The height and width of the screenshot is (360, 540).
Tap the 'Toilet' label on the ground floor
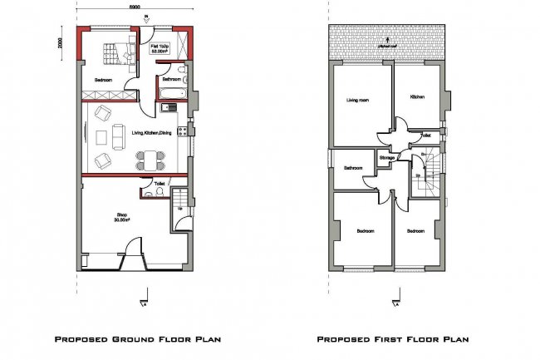tap(160, 182)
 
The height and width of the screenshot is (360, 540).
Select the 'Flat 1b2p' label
tap(160, 48)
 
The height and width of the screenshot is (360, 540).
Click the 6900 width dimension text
tap(134, 7)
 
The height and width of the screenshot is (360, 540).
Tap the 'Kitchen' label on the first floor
tap(417, 96)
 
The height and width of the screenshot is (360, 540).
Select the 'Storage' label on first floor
tap(386, 157)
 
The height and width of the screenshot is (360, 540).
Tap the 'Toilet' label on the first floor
tap(425, 135)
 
